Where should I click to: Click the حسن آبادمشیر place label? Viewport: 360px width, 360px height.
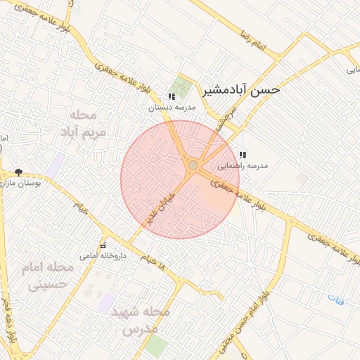pyautogui.click(x=241, y=90)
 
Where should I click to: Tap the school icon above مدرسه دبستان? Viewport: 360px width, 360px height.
pyautogui.click(x=171, y=97)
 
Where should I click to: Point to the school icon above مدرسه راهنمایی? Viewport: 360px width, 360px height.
pyautogui.click(x=243, y=155)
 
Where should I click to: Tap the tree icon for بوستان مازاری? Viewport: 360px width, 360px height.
pyautogui.click(x=18, y=172)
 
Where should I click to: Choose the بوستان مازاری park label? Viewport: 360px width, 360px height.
pyautogui.click(x=21, y=183)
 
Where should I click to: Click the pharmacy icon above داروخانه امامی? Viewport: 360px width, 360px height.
pyautogui.click(x=103, y=245)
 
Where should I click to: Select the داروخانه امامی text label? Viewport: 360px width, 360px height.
pyautogui.click(x=103, y=256)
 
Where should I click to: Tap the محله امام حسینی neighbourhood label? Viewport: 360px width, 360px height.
pyautogui.click(x=51, y=276)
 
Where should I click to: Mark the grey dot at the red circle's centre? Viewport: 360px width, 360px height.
pyautogui.click(x=193, y=165)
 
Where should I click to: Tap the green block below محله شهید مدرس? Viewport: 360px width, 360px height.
pyautogui.click(x=157, y=346)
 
